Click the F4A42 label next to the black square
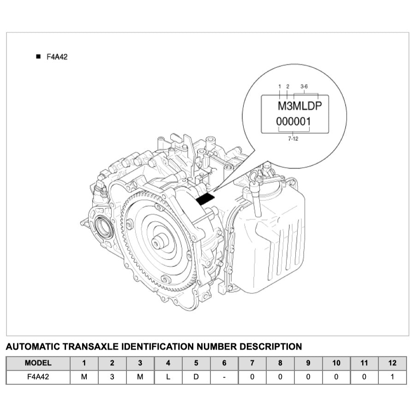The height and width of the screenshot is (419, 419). [57, 57]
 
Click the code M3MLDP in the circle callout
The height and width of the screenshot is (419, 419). [299, 106]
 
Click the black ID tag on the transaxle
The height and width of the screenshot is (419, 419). [206, 199]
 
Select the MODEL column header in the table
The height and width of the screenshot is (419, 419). [38, 363]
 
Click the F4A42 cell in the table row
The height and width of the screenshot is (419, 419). [38, 377]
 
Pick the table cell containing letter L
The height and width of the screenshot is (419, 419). [168, 377]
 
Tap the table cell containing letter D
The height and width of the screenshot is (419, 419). [196, 377]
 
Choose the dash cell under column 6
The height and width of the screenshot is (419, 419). [224, 377]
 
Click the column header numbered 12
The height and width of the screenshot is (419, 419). [392, 363]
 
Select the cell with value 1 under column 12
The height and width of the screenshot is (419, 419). [392, 377]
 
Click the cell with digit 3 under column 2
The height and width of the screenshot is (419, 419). [112, 377]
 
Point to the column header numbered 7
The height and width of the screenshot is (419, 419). [252, 363]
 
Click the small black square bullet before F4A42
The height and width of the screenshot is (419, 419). [38, 56]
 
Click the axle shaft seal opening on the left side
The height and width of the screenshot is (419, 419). [102, 227]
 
